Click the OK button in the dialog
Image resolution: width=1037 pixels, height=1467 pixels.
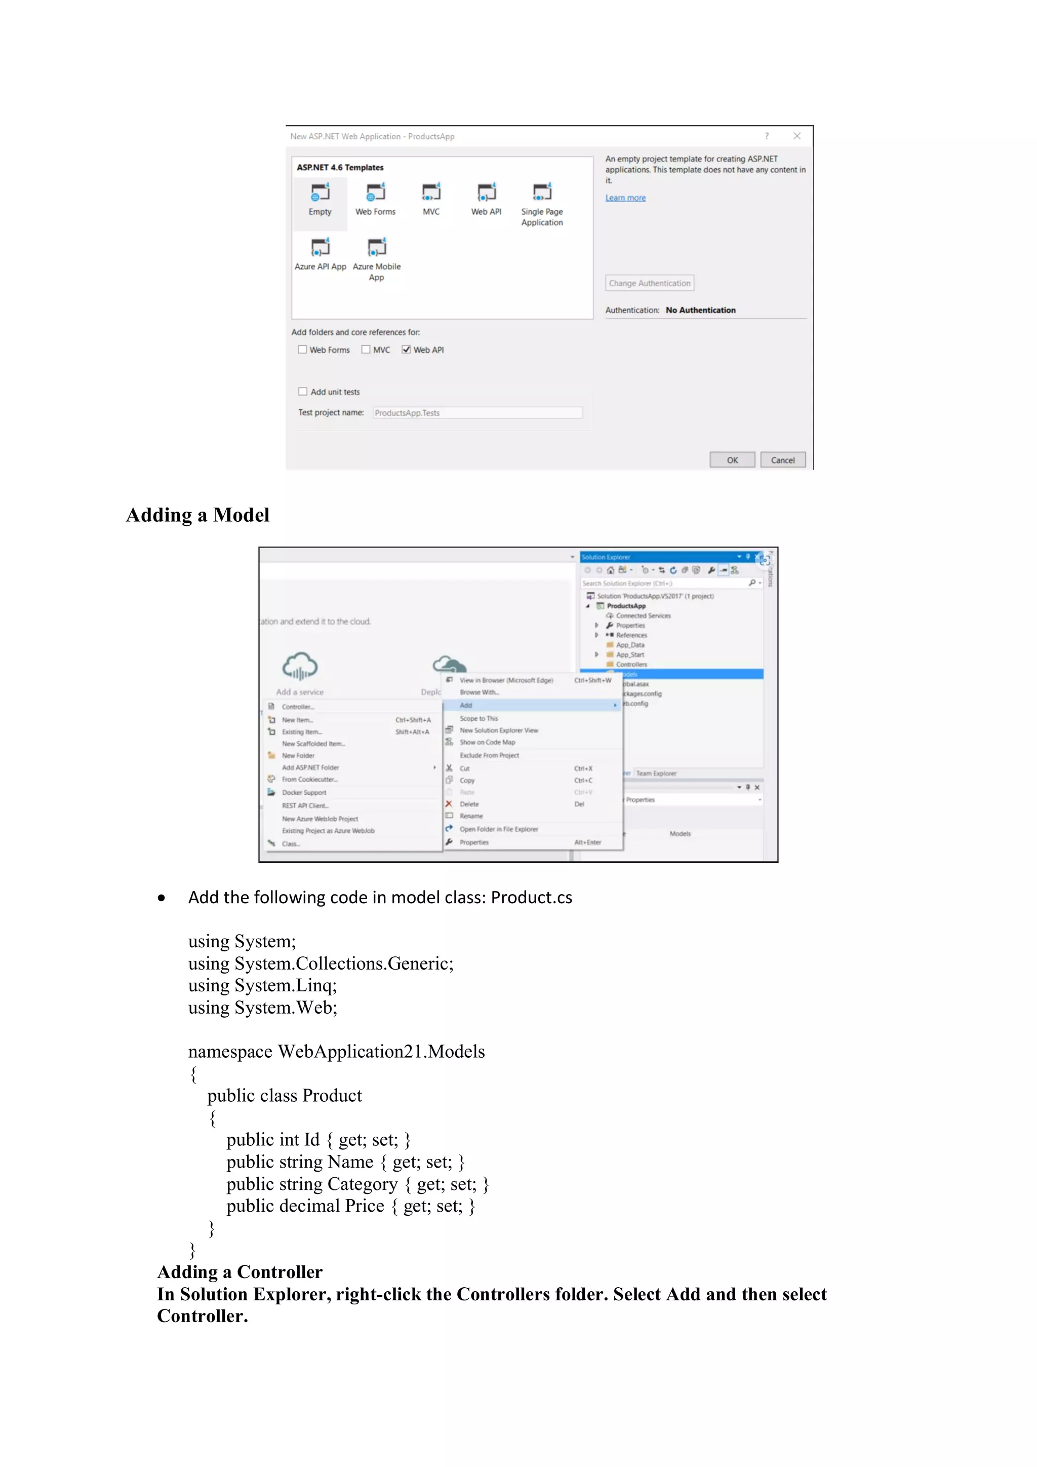pos(732,459)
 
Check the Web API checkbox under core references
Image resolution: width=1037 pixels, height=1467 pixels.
pos(406,350)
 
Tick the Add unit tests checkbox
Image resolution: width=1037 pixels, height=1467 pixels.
pos(303,392)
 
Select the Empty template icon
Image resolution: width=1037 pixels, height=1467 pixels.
pos(320,192)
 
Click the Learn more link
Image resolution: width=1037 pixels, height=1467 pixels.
pos(625,198)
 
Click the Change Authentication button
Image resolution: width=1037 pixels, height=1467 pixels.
pos(650,283)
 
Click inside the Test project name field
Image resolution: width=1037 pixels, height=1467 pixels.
pos(477,413)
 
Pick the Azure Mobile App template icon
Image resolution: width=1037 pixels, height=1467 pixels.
pos(377,247)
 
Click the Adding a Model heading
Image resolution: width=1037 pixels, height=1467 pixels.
pos(197,515)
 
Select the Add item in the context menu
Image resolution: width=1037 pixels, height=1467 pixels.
pos(466,706)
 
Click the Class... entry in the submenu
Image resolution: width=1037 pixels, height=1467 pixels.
pos(291,843)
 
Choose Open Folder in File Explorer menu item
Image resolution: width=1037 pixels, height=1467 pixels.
pos(499,829)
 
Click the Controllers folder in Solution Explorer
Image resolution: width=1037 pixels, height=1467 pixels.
pos(631,665)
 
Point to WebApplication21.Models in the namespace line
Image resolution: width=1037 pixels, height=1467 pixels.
pos(381,1052)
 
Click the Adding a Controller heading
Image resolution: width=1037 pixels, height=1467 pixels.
pos(240,1272)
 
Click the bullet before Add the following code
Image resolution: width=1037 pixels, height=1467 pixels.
pos(162,898)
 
